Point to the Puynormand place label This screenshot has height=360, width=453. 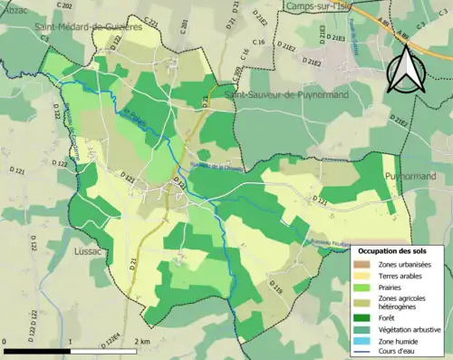(410, 176)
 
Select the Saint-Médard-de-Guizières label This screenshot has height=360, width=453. (89, 27)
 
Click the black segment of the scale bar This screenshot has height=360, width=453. (37, 350)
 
